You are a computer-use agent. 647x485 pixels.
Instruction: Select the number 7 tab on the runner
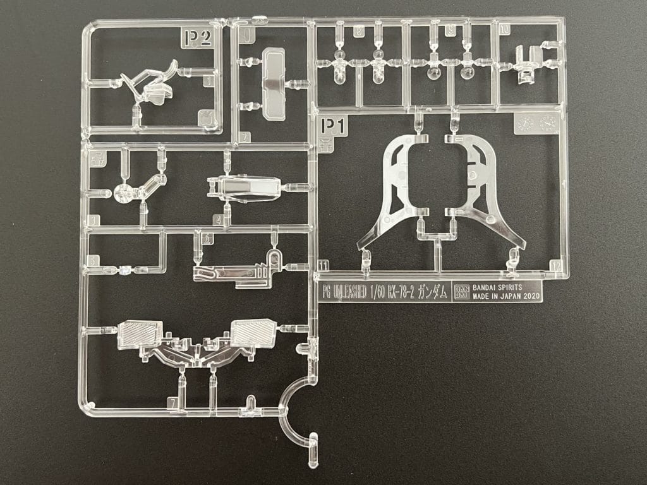172,402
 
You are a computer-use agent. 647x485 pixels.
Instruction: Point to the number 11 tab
323,266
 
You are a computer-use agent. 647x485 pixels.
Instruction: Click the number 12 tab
555,266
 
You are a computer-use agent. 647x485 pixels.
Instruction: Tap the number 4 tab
217,220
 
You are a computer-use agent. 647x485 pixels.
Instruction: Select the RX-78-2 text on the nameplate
408,292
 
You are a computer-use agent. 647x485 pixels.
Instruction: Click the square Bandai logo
461,292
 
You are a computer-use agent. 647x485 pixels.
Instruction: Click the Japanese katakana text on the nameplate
435,292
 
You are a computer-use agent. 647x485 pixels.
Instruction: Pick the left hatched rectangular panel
140,332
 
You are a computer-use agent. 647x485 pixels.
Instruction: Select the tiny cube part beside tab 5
125,270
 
